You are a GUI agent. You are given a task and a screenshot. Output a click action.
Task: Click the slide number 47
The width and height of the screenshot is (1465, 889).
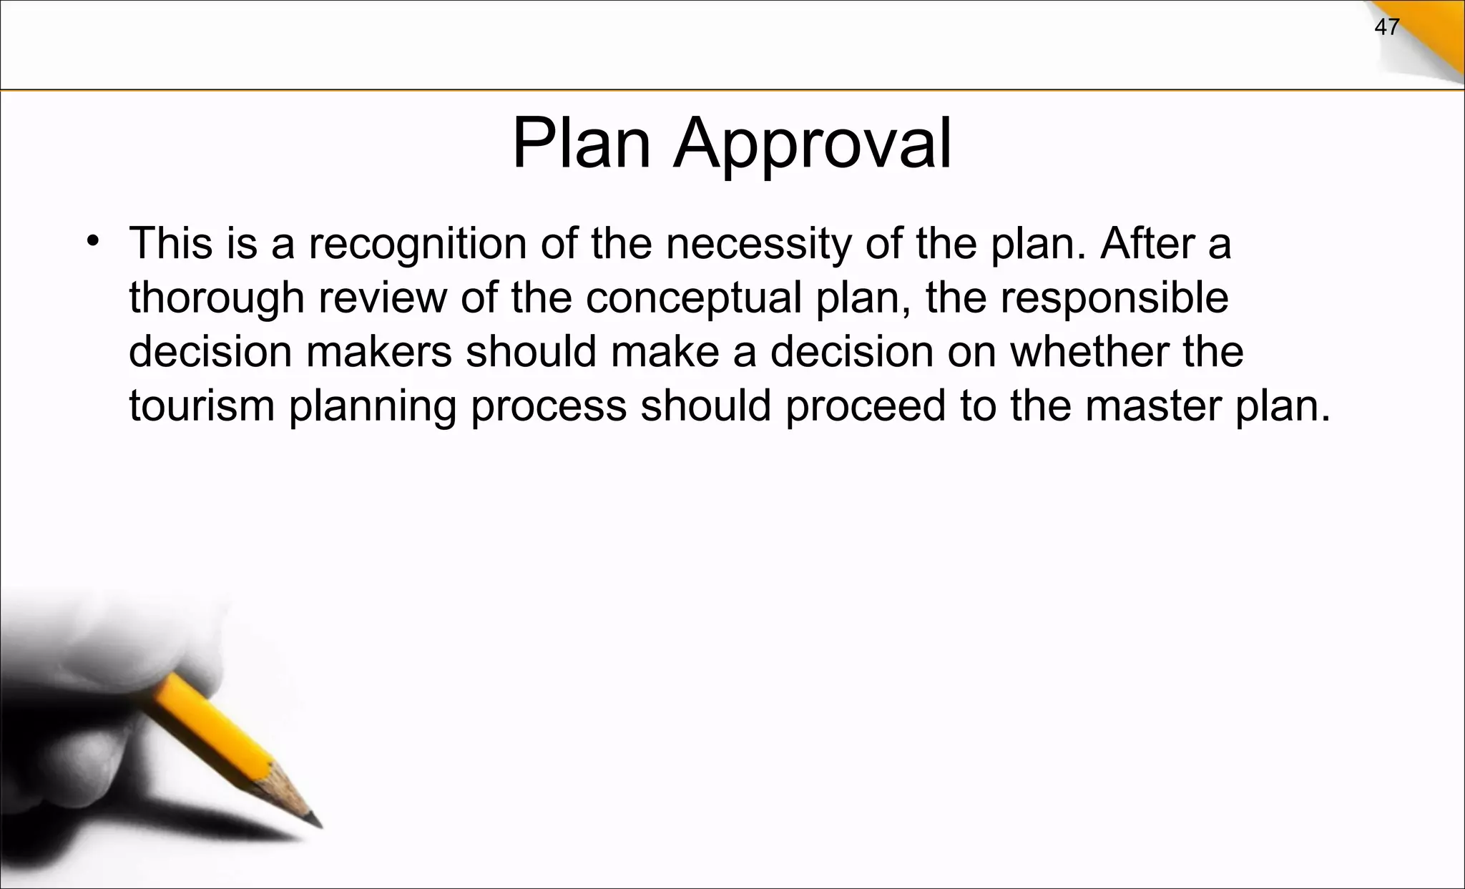1387,28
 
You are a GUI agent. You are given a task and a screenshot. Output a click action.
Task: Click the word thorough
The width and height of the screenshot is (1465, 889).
217,298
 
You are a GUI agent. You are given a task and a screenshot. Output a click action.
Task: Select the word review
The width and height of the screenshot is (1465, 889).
383,298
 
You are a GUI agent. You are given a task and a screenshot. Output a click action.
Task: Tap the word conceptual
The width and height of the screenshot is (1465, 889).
693,298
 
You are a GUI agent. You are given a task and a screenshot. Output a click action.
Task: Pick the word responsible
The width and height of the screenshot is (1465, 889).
1114,298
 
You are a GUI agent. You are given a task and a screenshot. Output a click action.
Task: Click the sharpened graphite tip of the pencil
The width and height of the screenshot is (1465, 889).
315,821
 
